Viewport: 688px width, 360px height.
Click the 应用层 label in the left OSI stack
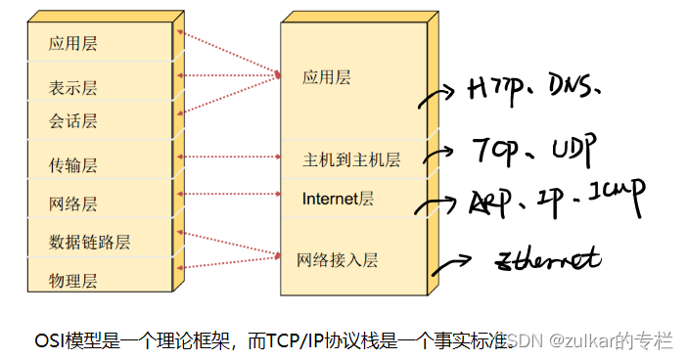[x=73, y=44]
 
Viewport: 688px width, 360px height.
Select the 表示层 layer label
[x=73, y=88]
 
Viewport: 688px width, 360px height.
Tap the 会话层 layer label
[x=73, y=122]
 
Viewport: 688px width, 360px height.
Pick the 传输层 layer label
[x=73, y=164]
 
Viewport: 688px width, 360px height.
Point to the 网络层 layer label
[x=73, y=204]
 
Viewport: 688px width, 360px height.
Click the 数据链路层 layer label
[x=89, y=242]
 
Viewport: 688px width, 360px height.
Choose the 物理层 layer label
[x=73, y=281]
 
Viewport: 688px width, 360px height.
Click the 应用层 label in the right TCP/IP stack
[x=326, y=76]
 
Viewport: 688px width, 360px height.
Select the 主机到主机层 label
[x=351, y=159]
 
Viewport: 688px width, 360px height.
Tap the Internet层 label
[x=338, y=199]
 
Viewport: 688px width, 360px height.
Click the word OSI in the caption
[x=50, y=340]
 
